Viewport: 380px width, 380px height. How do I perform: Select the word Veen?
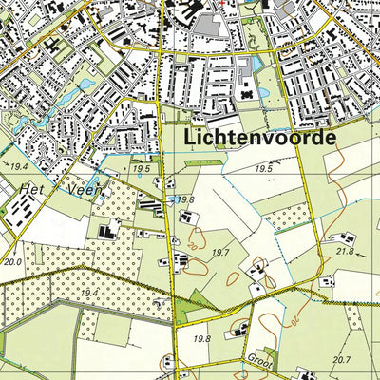tap(86, 189)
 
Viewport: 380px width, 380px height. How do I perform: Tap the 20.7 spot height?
tap(340, 360)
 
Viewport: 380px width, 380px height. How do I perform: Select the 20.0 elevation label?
tap(12, 261)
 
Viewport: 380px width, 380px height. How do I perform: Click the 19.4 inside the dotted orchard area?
tap(89, 294)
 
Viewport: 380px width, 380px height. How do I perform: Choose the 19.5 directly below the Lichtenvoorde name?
tap(264, 167)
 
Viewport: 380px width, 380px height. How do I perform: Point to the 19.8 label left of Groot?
tap(200, 338)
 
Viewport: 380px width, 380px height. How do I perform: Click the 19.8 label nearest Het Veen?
tap(184, 199)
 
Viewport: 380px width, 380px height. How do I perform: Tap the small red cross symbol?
tap(222, 3)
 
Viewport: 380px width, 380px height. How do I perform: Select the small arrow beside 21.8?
tap(362, 249)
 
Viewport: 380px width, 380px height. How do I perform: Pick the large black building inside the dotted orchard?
tap(105, 231)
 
